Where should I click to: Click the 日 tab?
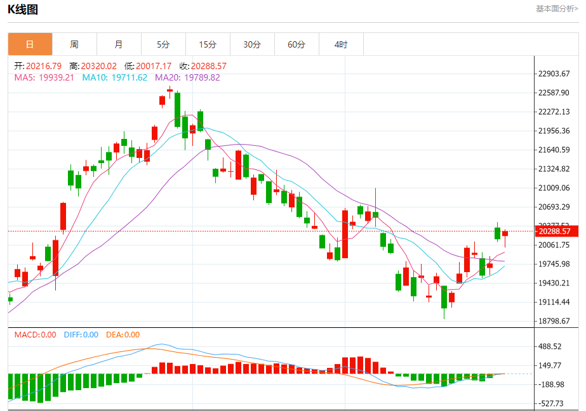pyautogui.click(x=30, y=44)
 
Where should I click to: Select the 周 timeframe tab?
pyautogui.click(x=74, y=44)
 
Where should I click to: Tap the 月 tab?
pyautogui.click(x=119, y=44)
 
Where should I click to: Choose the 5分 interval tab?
pyautogui.click(x=163, y=44)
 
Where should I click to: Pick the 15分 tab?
pyautogui.click(x=208, y=44)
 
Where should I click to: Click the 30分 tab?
pyautogui.click(x=252, y=44)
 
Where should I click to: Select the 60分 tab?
pyautogui.click(x=296, y=44)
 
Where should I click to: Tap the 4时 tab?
pyautogui.click(x=341, y=44)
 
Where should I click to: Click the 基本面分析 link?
pyautogui.click(x=557, y=9)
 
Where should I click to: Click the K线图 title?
pyautogui.click(x=23, y=10)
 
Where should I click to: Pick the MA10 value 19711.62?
pyautogui.click(x=129, y=77)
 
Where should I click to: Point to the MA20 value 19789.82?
pyautogui.click(x=201, y=77)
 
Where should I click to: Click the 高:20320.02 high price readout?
pyautogui.click(x=93, y=66)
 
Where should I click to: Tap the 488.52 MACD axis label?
pyautogui.click(x=550, y=346)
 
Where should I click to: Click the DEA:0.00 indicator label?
pyautogui.click(x=123, y=335)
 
